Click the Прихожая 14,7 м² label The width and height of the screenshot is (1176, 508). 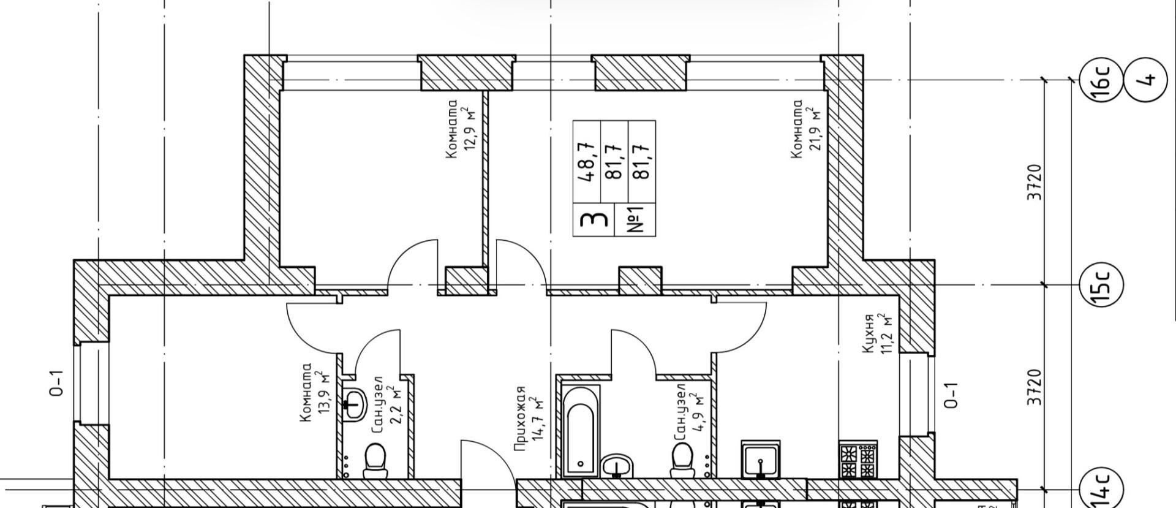[x=529, y=419]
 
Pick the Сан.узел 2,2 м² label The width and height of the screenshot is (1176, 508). [x=388, y=405]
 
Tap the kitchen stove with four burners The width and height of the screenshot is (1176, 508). [x=858, y=459]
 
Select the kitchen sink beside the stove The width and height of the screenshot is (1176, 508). [x=760, y=459]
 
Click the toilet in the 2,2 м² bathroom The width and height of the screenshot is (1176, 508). [x=375, y=461]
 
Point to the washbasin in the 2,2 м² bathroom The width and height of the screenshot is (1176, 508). [x=353, y=404]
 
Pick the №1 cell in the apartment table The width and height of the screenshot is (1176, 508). [x=635, y=219]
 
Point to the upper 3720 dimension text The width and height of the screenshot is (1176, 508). [x=1034, y=182]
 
